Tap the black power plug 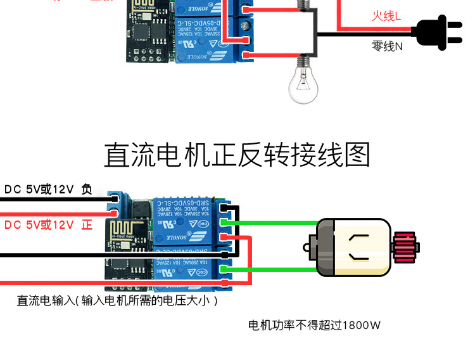pos(438,32)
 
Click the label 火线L pos(386,16)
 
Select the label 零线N pos(387,46)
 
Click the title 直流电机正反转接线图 pos(236,155)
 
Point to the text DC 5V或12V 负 pos(48,189)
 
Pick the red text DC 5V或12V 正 pos(48,225)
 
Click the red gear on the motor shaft pos(403,247)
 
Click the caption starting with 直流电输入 pos(117,300)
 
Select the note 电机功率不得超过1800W pos(314,326)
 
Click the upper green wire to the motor pos(272,222)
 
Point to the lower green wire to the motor pos(272,270)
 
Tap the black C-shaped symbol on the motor pos(359,248)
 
